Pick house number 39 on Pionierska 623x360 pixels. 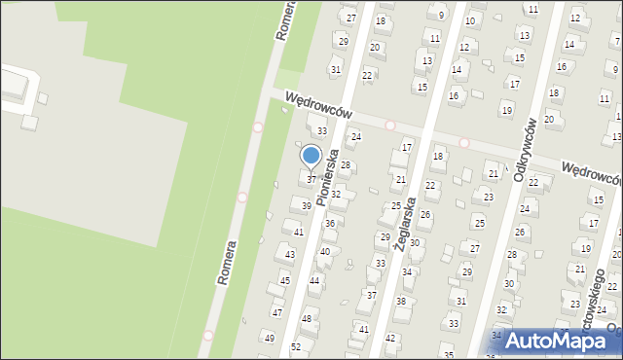click(x=306, y=206)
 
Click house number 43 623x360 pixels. click(x=289, y=255)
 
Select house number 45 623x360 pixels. click(x=284, y=281)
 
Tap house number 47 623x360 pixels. click(x=277, y=312)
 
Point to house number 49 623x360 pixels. click(x=270, y=338)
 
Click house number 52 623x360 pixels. click(x=296, y=347)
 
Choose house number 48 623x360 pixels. click(x=307, y=319)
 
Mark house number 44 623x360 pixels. click(x=314, y=280)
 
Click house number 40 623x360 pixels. click(x=324, y=252)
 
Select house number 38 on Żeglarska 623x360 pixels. click(x=401, y=302)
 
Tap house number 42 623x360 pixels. click(x=390, y=339)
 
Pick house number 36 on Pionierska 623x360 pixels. click(x=330, y=224)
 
